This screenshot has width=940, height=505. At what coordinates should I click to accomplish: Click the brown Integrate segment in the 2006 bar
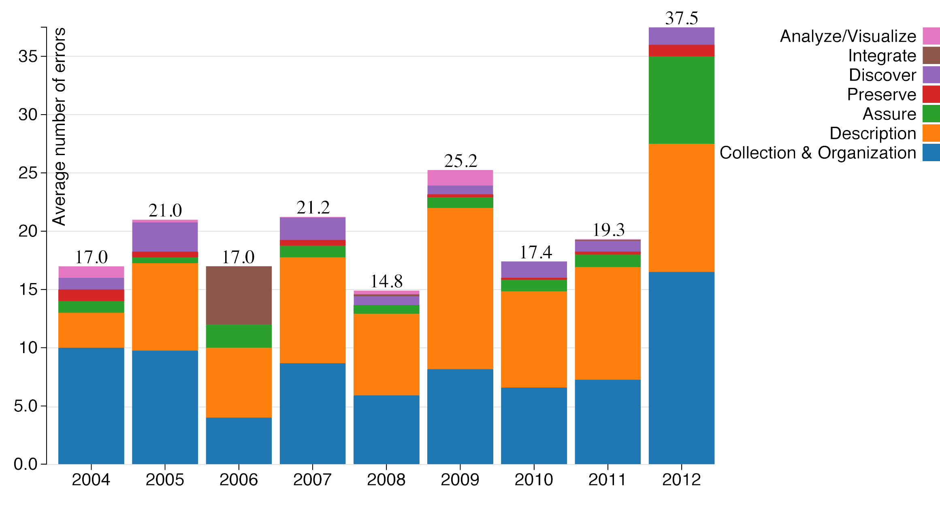pos(239,295)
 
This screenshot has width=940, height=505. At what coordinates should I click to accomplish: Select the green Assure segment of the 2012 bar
pos(681,100)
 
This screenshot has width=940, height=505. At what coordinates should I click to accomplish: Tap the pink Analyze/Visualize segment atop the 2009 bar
pos(460,178)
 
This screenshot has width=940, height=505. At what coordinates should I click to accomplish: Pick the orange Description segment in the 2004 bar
pos(91,330)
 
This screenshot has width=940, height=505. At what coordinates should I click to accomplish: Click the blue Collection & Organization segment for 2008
pos(386,429)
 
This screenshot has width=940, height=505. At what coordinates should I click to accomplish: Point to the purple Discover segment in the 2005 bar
pos(165,237)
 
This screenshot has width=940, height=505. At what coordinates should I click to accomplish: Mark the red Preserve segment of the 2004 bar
pos(91,295)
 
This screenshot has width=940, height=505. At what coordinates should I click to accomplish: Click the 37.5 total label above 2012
pos(681,18)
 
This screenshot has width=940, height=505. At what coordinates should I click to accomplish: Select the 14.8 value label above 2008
pos(386,281)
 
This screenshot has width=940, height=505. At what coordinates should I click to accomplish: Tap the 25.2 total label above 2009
pos(460,161)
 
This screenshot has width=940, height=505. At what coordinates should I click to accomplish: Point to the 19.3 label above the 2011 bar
pos(608,230)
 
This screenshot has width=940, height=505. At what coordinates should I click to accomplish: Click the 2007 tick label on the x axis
pos(312,480)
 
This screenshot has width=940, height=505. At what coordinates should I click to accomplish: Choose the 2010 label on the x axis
pos(534,480)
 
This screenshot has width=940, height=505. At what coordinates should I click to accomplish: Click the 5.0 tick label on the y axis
pos(25,406)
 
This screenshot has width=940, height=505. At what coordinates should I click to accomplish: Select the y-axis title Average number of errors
pos(60,126)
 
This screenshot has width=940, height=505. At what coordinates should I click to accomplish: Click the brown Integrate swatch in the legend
pos(931,55)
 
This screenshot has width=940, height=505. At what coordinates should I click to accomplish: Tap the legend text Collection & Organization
pos(818,153)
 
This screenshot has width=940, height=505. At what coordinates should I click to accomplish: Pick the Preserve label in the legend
pos(881,94)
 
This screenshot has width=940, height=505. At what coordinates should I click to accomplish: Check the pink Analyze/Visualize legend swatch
pos(931,36)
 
